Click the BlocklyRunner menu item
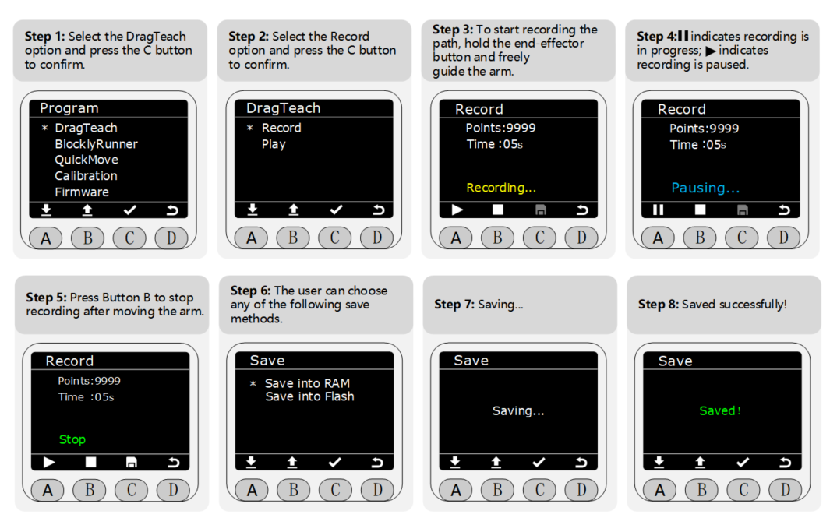[x=96, y=144]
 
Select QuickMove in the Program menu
[x=87, y=160]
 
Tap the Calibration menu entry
[x=86, y=175]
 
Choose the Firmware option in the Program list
[x=82, y=192]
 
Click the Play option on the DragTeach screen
[x=274, y=145]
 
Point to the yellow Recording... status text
[x=501, y=188]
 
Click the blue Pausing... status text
[x=705, y=188]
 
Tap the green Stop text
[x=72, y=439]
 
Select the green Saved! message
[x=720, y=410]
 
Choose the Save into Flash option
[x=309, y=396]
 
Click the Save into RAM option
[x=308, y=383]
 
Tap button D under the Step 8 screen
[x=786, y=490]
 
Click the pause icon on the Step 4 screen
[x=659, y=210]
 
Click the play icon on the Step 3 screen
[x=457, y=210]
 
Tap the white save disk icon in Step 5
[x=131, y=462]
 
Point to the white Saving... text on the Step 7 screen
[x=518, y=410]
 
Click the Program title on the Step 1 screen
[x=69, y=108]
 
